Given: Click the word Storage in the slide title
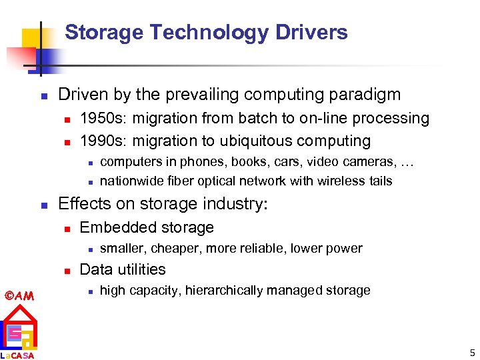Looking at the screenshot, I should pos(105,32).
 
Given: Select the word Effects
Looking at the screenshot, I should pos(83,203).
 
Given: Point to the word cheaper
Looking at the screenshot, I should pos(175,249).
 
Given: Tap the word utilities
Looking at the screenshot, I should pos(140,269).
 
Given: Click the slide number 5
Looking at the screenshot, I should pos(471,352).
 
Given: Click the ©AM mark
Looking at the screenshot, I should pos(18,295).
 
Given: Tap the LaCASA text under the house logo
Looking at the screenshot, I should pos(18,355).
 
